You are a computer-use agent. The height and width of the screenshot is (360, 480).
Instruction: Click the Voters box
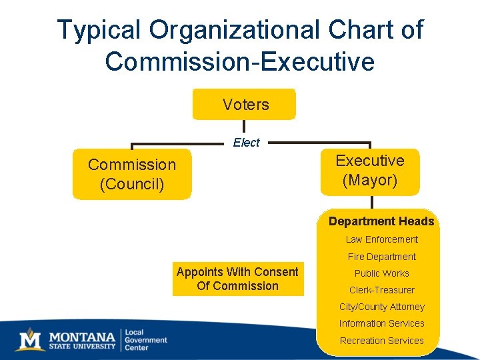pos(244,105)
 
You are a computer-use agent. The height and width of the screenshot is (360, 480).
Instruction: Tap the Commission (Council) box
pos(132,174)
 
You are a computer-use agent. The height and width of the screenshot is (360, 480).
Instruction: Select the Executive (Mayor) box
pos(370,171)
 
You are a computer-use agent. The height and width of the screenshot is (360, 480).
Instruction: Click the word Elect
pos(246,142)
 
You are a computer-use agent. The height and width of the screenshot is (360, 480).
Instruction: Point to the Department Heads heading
pos(381,221)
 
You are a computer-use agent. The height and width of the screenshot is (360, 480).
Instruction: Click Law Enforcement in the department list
pos(381,239)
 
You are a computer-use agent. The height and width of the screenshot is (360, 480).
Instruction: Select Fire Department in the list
pos(381,257)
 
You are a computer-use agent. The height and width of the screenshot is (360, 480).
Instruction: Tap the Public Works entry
pos(381,273)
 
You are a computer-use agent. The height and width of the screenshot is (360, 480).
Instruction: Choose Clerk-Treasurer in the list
pos(381,290)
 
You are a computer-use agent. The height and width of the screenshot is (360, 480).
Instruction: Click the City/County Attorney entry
pos(381,307)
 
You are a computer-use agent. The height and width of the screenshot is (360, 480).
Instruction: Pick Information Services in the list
pos(381,323)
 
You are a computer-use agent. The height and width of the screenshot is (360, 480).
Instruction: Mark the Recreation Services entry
pos(381,341)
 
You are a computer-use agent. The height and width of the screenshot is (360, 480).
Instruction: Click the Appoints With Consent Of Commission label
pos(237,279)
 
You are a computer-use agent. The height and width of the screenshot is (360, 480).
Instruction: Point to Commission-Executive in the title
pos(239,61)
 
